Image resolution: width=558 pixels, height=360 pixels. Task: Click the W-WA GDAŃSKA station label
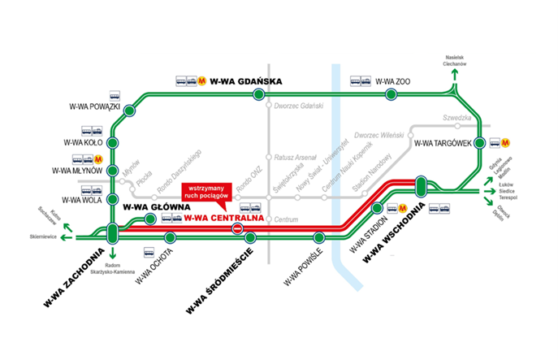[x=245, y=81]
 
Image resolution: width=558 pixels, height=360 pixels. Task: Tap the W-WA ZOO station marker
[x=391, y=95]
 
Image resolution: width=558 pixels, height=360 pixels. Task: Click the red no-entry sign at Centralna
[x=237, y=230]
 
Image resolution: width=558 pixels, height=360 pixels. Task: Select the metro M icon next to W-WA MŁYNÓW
[x=97, y=159]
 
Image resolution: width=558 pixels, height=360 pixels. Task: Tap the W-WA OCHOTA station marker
[x=170, y=237]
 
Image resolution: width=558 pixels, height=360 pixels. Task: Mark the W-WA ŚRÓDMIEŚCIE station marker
[x=251, y=237]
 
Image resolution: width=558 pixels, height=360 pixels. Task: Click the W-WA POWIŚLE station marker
[x=319, y=237]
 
